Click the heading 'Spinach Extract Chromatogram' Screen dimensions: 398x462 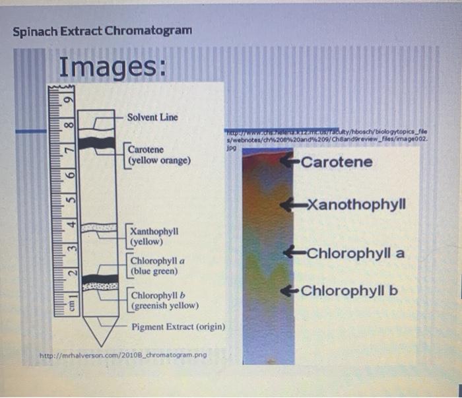click(102, 31)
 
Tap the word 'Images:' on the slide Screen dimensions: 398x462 click(113, 66)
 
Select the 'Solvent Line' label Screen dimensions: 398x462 click(152, 117)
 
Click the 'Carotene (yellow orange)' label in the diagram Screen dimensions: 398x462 click(159, 154)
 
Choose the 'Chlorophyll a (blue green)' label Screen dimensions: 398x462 click(157, 265)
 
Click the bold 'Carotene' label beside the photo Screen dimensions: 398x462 click(336, 162)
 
